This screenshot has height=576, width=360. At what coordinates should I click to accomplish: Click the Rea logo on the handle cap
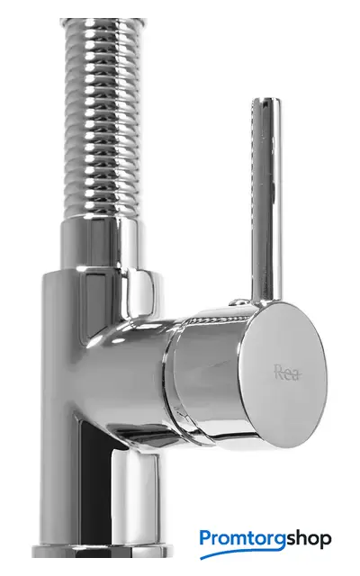click(288, 373)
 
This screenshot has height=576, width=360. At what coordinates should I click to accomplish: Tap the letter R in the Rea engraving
click(279, 372)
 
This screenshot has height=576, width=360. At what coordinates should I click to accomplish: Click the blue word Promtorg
click(242, 540)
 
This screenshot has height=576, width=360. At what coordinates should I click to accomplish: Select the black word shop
click(309, 538)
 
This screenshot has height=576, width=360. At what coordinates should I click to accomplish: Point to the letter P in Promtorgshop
click(206, 537)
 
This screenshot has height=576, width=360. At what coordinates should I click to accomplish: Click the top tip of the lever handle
click(266, 99)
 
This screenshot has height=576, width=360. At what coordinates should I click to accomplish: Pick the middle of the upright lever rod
click(266, 200)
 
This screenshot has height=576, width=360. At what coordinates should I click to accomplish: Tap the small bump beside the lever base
click(238, 302)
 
